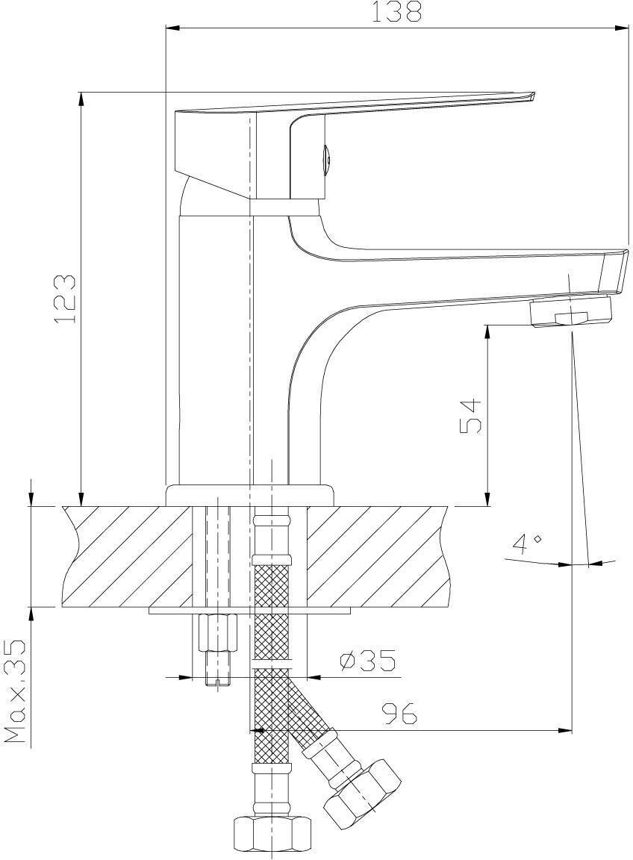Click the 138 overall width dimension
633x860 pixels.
point(396,11)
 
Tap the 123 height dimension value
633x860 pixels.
point(65,299)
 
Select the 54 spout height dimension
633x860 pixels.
point(470,417)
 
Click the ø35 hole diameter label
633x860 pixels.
point(367,661)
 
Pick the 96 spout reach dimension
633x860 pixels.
point(400,714)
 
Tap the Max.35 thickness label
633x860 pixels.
point(16,691)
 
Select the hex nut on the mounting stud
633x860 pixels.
point(217,632)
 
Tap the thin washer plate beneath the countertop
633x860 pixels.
point(249,611)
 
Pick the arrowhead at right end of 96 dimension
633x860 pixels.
point(565,730)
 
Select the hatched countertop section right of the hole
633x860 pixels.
point(378,556)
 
